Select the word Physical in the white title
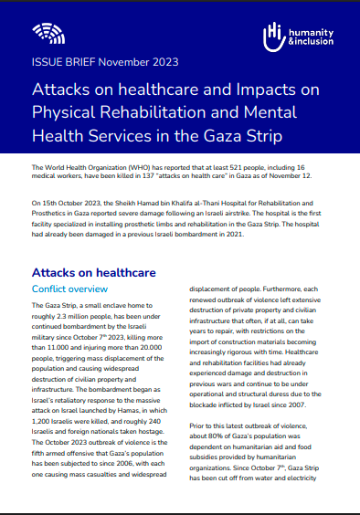point(64,113)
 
